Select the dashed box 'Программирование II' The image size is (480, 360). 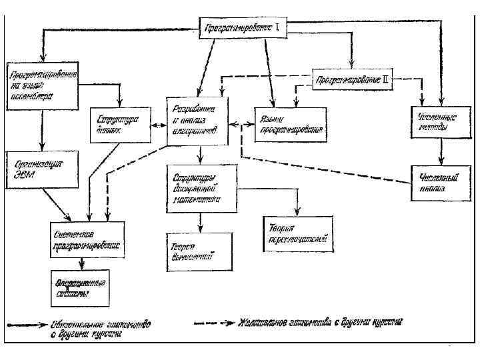pyautogui.click(x=351, y=79)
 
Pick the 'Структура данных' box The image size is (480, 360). pyautogui.click(x=117, y=125)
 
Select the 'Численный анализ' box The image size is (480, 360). pyautogui.click(x=438, y=183)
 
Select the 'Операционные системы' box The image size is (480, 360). pyautogui.click(x=79, y=287)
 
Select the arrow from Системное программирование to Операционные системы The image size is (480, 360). pyautogui.click(x=81, y=262)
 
